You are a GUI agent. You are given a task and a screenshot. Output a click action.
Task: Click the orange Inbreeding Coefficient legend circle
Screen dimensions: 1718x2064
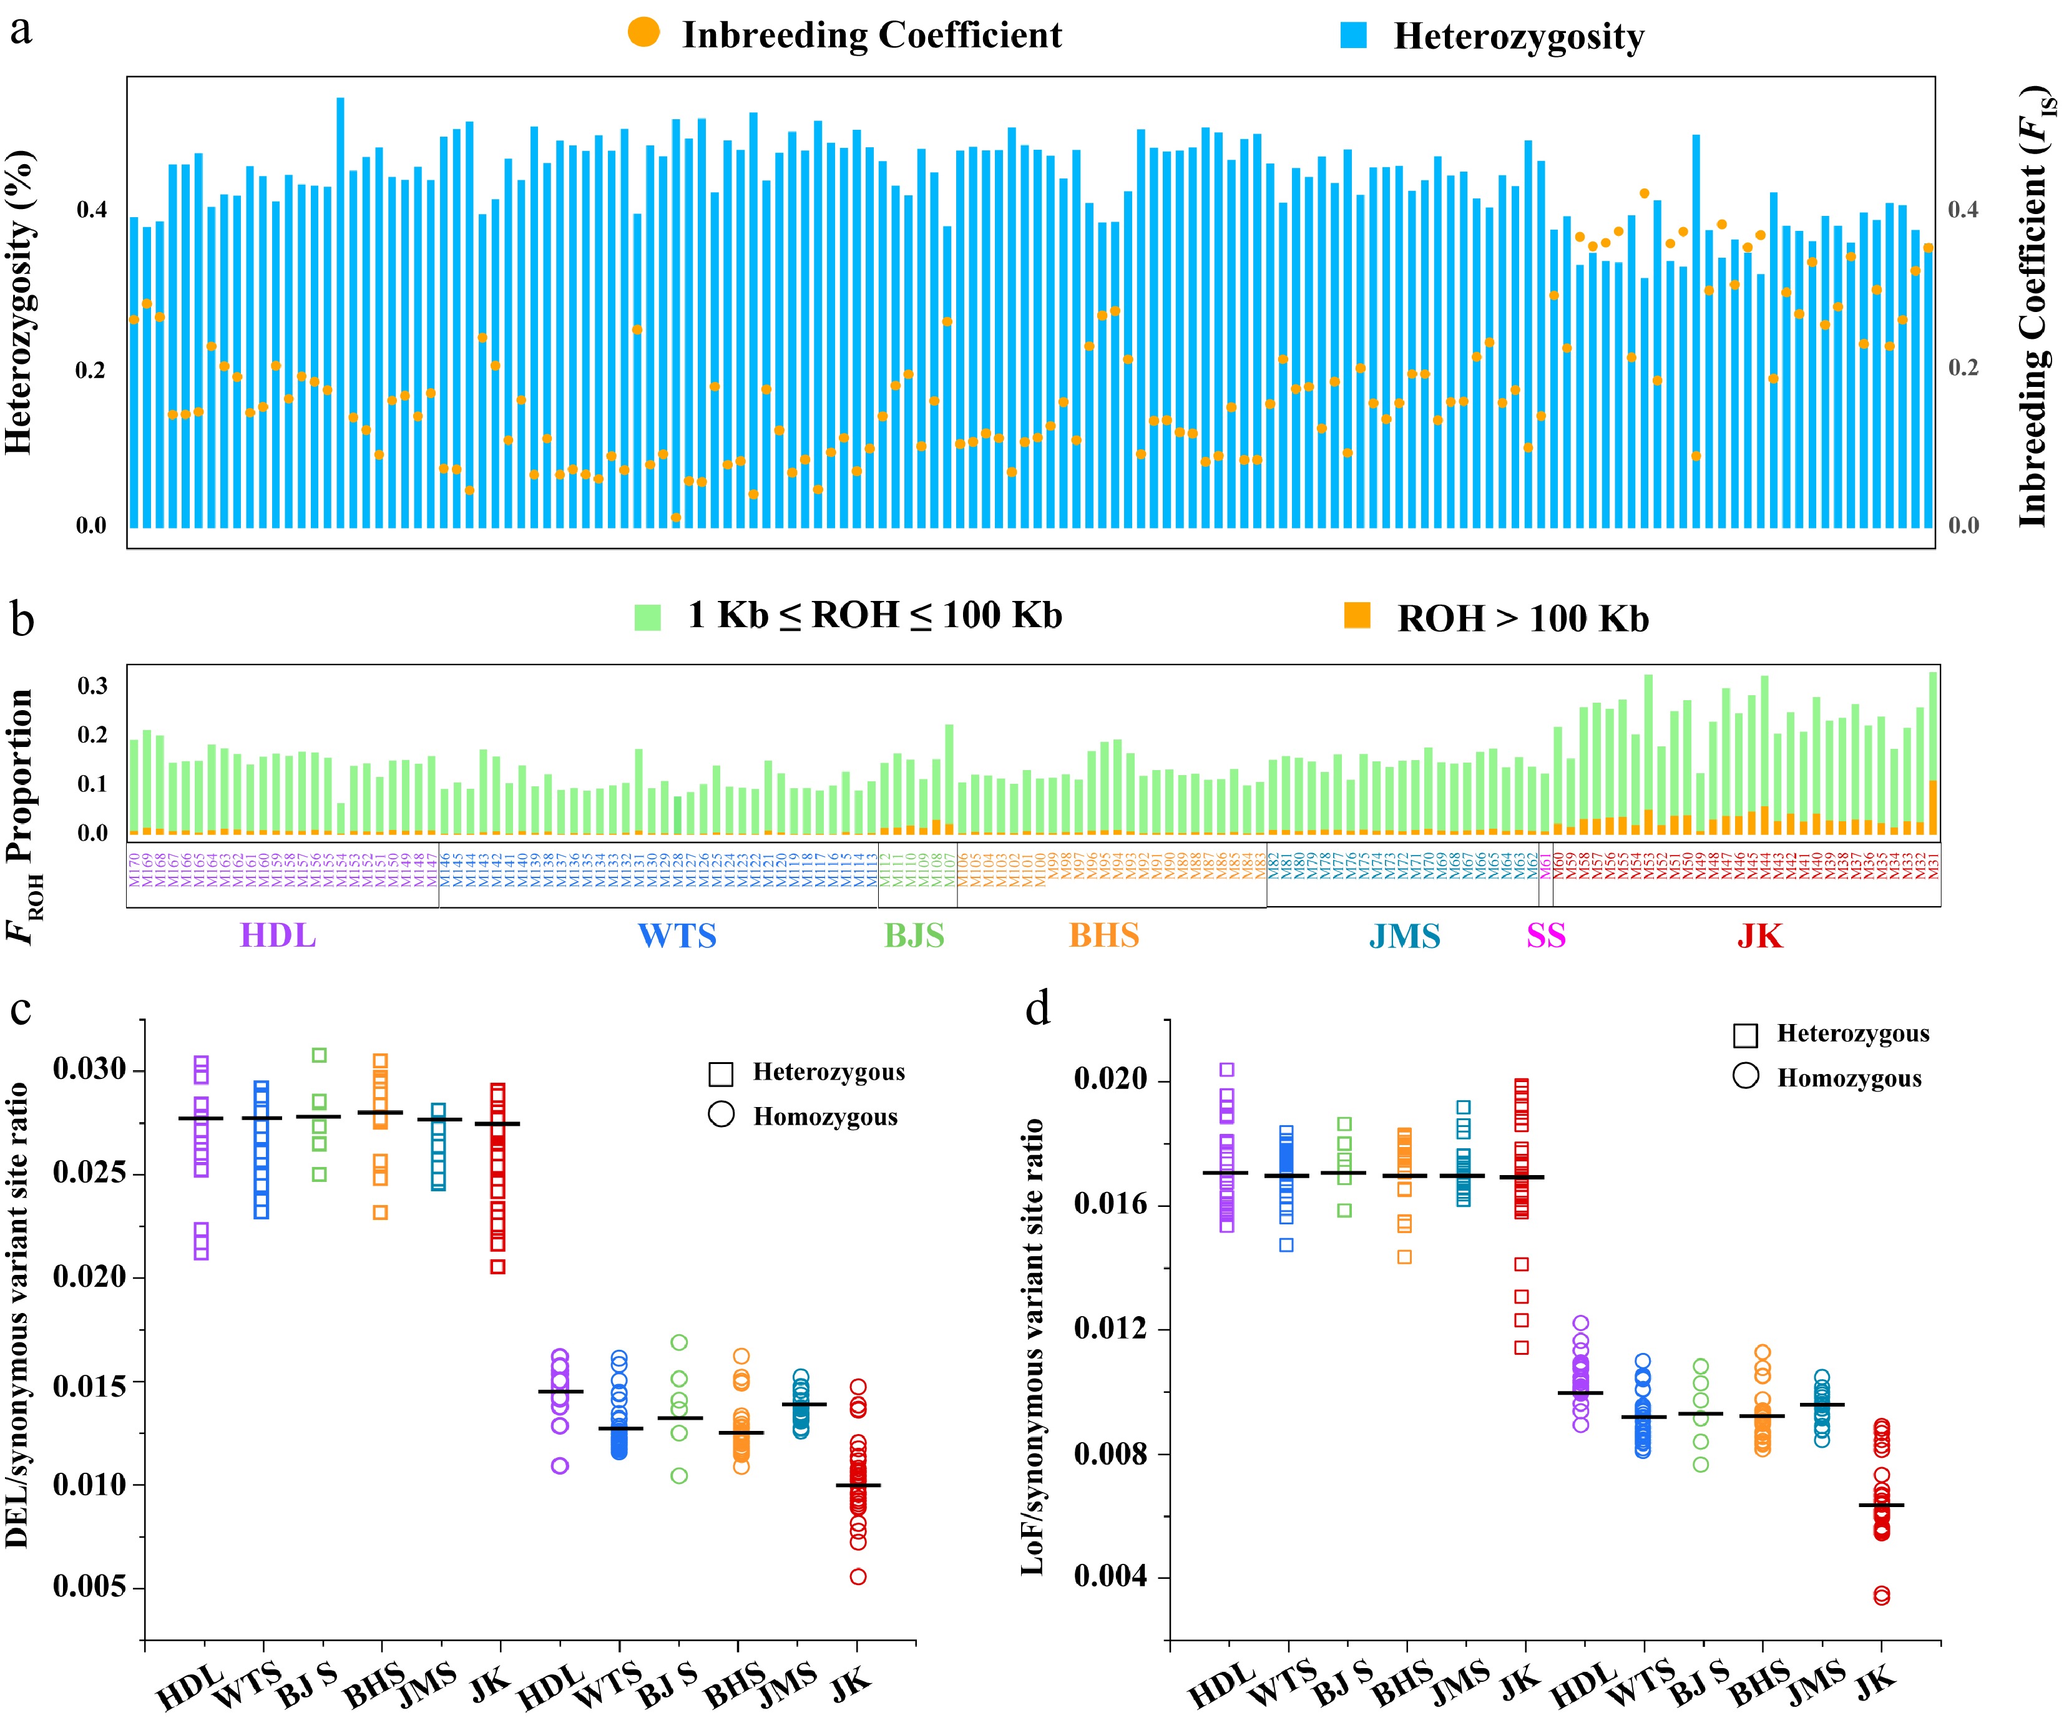point(643,32)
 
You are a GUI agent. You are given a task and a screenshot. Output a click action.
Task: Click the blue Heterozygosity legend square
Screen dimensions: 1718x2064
point(1353,36)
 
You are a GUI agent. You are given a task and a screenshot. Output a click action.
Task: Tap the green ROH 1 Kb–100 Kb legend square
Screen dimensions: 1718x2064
point(648,617)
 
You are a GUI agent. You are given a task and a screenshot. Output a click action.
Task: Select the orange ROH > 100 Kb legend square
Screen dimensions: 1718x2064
point(1357,615)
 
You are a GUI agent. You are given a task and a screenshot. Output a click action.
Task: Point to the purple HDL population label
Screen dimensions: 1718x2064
point(278,935)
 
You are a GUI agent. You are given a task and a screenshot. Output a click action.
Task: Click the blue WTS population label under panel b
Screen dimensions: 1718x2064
point(677,935)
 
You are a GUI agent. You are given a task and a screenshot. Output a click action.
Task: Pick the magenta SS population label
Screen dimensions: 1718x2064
point(1546,935)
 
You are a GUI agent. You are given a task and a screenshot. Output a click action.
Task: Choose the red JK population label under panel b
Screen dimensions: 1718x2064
point(1759,935)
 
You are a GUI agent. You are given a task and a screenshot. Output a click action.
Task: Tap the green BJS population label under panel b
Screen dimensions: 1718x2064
point(914,935)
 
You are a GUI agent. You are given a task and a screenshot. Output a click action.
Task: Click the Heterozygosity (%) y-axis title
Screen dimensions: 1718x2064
point(19,303)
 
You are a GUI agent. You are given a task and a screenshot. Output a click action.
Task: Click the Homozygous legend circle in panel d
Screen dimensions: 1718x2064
point(1746,1076)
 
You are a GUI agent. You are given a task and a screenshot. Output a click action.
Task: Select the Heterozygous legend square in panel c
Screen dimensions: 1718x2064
point(720,1074)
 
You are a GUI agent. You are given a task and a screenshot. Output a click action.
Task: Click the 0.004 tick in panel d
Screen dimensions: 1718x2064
point(1110,1576)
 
